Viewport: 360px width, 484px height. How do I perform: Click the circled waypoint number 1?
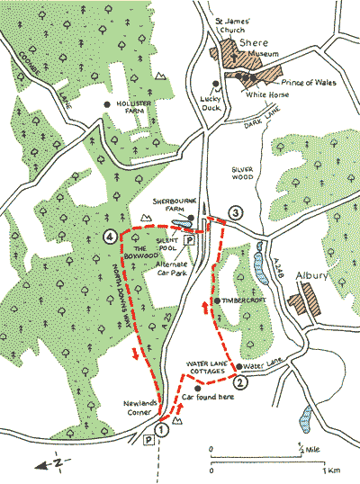(160, 431)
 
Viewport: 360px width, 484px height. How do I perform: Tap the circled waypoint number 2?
(239, 381)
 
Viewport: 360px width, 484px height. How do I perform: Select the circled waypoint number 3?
(235, 213)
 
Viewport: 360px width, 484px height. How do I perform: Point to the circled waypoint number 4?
(109, 238)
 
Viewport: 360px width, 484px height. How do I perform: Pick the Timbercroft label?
(242, 300)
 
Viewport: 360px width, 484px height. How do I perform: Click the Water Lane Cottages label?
(211, 367)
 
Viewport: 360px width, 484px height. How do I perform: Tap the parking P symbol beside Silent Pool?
(189, 241)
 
